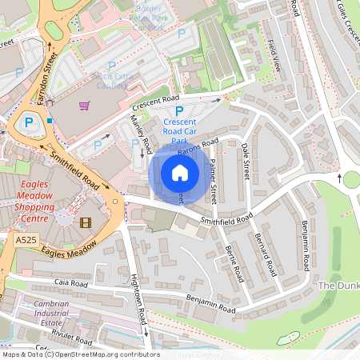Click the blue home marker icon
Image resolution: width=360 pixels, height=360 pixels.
[180, 173]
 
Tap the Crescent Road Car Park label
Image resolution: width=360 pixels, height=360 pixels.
[179, 127]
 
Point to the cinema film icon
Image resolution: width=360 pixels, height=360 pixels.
[86, 221]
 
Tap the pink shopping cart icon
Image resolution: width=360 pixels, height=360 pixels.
[84, 105]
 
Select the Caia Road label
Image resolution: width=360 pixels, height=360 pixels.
[72, 283]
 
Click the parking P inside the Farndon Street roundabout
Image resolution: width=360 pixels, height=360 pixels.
[29, 122]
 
